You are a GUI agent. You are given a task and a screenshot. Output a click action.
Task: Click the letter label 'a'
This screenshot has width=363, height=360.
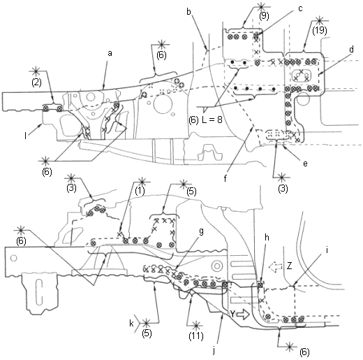coord(110,54)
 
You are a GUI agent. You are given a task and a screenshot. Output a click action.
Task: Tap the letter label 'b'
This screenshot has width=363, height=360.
coord(188,12)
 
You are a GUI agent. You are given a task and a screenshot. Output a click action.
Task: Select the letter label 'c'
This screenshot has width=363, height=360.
coord(300,9)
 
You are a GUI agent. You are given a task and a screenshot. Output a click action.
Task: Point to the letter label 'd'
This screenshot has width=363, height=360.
coord(351,50)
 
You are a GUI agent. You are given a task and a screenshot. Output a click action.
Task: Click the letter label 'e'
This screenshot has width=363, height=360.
coord(305,164)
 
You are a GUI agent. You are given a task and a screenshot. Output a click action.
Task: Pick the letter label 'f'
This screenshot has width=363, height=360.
coord(225,178)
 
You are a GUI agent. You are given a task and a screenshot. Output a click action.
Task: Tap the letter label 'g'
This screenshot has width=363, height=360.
coord(202,232)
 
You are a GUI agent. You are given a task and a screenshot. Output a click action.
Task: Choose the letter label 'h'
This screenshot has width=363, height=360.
coord(267,238)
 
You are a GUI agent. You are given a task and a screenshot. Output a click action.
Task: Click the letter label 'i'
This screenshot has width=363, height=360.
coord(327,250)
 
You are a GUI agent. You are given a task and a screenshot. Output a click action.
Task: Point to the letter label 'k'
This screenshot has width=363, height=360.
coord(132,323)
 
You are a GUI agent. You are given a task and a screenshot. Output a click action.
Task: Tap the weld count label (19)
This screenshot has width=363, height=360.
coord(320,31)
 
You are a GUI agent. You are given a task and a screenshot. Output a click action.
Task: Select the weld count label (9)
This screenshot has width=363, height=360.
coord(264,16)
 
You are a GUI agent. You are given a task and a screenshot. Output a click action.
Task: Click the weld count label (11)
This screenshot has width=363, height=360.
coord(196,336)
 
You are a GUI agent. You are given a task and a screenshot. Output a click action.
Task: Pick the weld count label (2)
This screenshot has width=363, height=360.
coord(37,82)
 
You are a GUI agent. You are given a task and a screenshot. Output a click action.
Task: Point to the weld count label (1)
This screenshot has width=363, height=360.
coord(140,192)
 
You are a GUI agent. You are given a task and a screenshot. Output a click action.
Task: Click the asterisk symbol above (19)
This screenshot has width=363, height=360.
coord(320,20)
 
